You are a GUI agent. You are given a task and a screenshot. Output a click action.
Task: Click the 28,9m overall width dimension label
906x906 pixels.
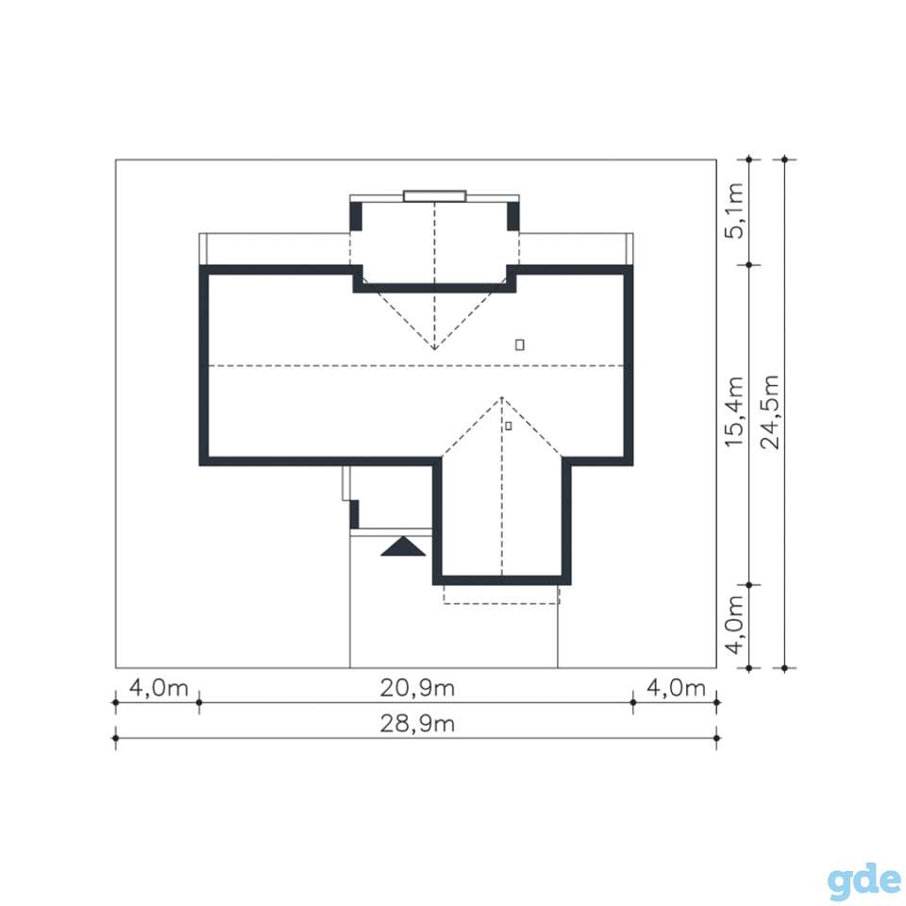tap(417, 724)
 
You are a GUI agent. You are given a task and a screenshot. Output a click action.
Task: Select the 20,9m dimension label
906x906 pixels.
tap(417, 688)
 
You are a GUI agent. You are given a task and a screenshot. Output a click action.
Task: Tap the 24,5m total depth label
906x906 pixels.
tap(770, 412)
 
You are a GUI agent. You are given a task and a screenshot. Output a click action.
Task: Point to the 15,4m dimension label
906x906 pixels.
tap(734, 412)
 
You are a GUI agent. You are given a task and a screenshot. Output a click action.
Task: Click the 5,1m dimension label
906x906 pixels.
tap(734, 210)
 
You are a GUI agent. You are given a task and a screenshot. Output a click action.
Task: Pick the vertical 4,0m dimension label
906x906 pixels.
tap(734, 625)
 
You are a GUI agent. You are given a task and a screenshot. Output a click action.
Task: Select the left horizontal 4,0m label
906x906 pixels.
tap(159, 688)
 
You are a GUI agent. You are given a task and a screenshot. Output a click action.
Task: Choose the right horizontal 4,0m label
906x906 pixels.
tap(676, 688)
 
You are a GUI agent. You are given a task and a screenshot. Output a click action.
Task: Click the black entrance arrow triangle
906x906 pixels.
tap(403, 546)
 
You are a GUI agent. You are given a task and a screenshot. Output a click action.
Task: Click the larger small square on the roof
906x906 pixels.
tap(519, 345)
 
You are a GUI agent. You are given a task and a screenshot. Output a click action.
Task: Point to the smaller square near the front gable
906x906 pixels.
tap(509, 426)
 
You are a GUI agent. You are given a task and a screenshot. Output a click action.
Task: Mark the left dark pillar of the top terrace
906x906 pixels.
tap(356, 217)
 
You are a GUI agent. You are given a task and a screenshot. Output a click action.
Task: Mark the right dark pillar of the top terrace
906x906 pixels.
tap(512, 217)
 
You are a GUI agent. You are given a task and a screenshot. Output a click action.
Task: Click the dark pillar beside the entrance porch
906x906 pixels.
tap(354, 514)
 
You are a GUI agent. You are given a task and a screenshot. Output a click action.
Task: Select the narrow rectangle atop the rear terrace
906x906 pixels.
tap(434, 196)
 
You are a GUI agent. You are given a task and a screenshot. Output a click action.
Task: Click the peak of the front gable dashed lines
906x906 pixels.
tap(501, 397)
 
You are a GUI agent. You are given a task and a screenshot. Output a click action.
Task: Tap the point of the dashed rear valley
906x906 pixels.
tap(434, 349)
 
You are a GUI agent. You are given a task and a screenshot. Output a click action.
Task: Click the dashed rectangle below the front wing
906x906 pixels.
tap(501, 603)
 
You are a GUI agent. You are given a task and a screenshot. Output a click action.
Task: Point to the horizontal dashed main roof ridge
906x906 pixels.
tap(416, 366)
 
